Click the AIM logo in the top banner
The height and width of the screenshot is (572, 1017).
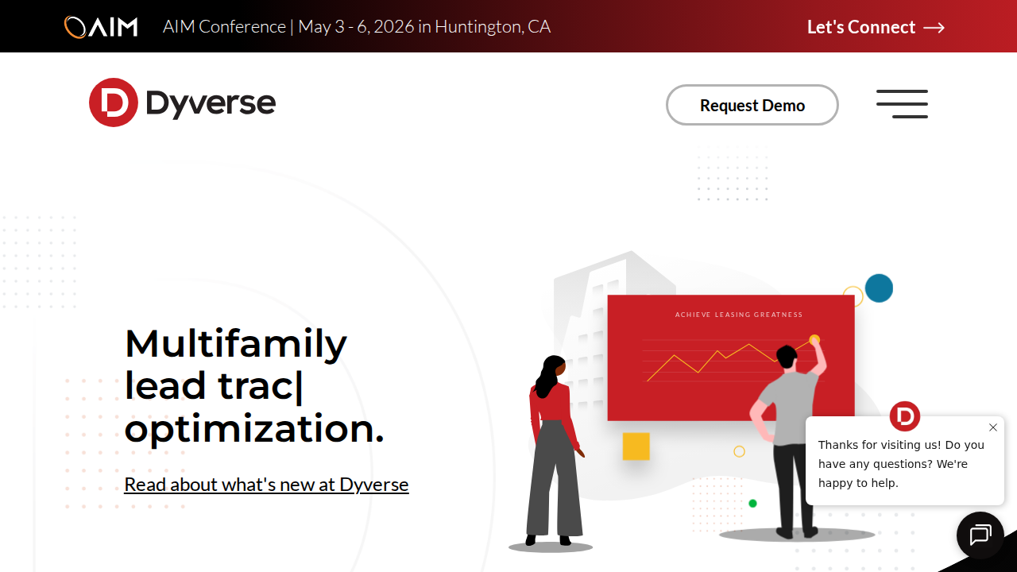point(101,27)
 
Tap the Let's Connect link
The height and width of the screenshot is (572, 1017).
point(861,27)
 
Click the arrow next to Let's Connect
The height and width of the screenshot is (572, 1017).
point(934,28)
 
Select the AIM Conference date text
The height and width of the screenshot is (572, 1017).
point(357,27)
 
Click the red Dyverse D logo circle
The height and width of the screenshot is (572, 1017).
point(114,102)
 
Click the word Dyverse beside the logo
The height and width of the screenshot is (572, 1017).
point(211,103)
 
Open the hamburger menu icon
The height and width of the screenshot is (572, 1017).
point(902,104)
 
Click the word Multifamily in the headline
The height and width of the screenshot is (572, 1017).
point(235,343)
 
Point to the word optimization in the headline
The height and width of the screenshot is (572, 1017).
point(253,429)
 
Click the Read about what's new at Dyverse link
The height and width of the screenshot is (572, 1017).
point(266,485)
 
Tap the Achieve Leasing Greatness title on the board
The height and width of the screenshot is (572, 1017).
point(739,315)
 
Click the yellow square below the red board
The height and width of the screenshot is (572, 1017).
point(636,446)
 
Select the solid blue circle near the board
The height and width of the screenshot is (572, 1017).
point(879,288)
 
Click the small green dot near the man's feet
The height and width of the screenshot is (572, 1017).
point(752,504)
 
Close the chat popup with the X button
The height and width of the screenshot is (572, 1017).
point(992,427)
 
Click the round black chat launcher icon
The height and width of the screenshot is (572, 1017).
point(980,535)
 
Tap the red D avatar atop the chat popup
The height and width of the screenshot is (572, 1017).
point(904,416)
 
